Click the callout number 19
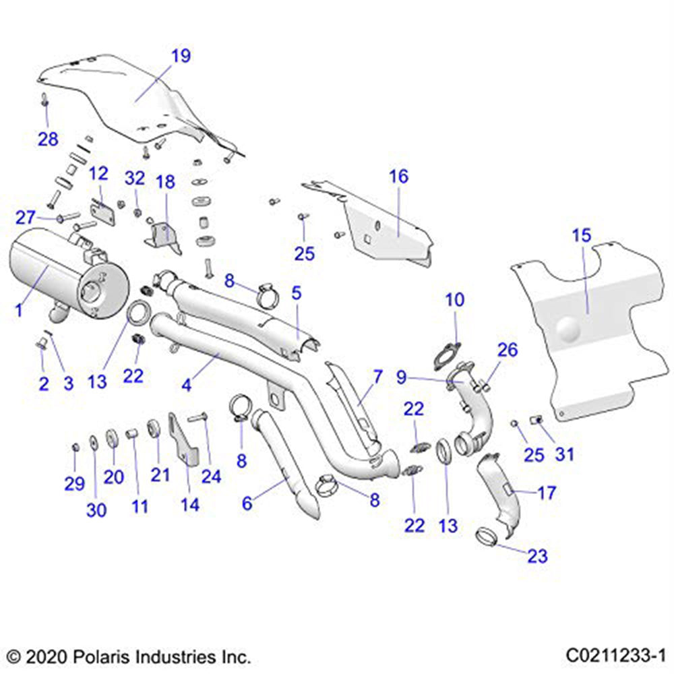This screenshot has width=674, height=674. coord(181,56)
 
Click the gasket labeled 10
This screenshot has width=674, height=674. coord(445,354)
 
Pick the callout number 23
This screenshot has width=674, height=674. coord(538,556)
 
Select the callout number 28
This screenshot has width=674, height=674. coord(48,139)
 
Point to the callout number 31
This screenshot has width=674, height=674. coord(564,454)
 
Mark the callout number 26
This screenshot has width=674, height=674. coord(507,349)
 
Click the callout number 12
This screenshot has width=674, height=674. coord(98,173)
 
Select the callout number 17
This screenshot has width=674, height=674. coord(547,493)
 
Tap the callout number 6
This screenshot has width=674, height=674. coord(247,502)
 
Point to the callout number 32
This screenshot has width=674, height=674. coord(135,178)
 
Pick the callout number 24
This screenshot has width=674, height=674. coord(211,477)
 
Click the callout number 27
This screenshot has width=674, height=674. coord(25,217)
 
